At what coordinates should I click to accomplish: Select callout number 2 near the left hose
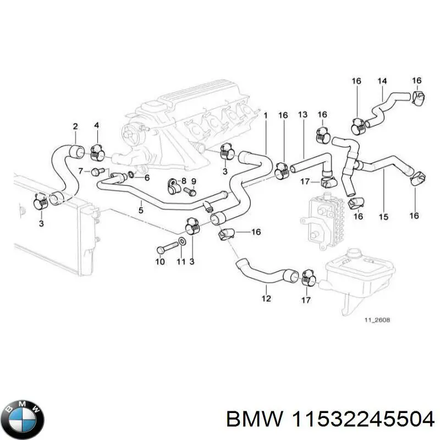75,127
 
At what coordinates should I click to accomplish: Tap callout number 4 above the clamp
96,126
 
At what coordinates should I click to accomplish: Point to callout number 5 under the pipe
141,210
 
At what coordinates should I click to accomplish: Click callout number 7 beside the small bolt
80,171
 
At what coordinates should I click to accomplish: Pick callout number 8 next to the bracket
184,181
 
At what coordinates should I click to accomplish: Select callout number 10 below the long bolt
159,262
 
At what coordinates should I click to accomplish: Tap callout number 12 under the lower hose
266,299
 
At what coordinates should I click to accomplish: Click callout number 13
302,114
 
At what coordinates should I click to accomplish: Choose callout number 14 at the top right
382,81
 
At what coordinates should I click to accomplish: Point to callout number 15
384,217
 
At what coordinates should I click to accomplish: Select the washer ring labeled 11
182,241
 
